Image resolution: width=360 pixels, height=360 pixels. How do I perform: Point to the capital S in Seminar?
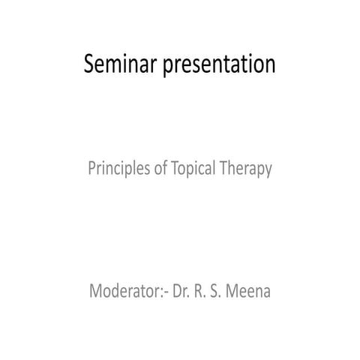89,65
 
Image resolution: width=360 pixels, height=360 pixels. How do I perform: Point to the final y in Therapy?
267,172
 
